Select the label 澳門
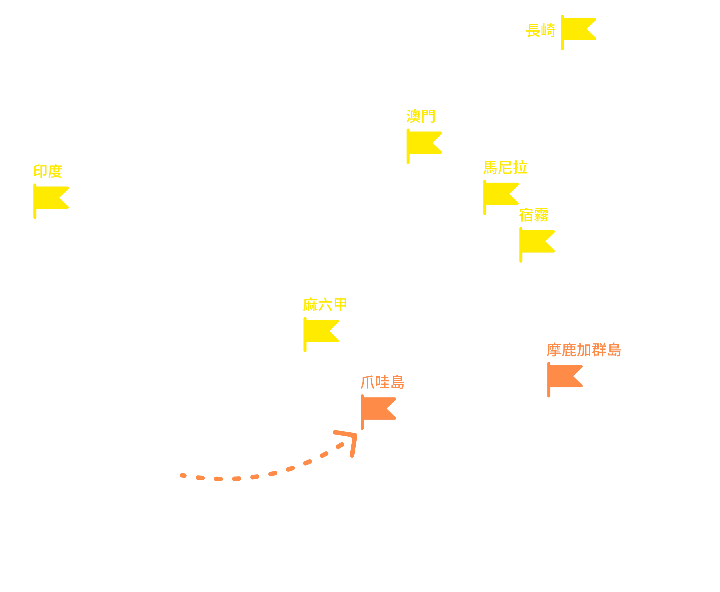click(421, 116)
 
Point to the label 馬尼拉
click(505, 167)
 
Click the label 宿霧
click(534, 215)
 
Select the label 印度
click(48, 171)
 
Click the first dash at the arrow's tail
click(183, 475)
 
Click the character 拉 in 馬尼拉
click(520, 167)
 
